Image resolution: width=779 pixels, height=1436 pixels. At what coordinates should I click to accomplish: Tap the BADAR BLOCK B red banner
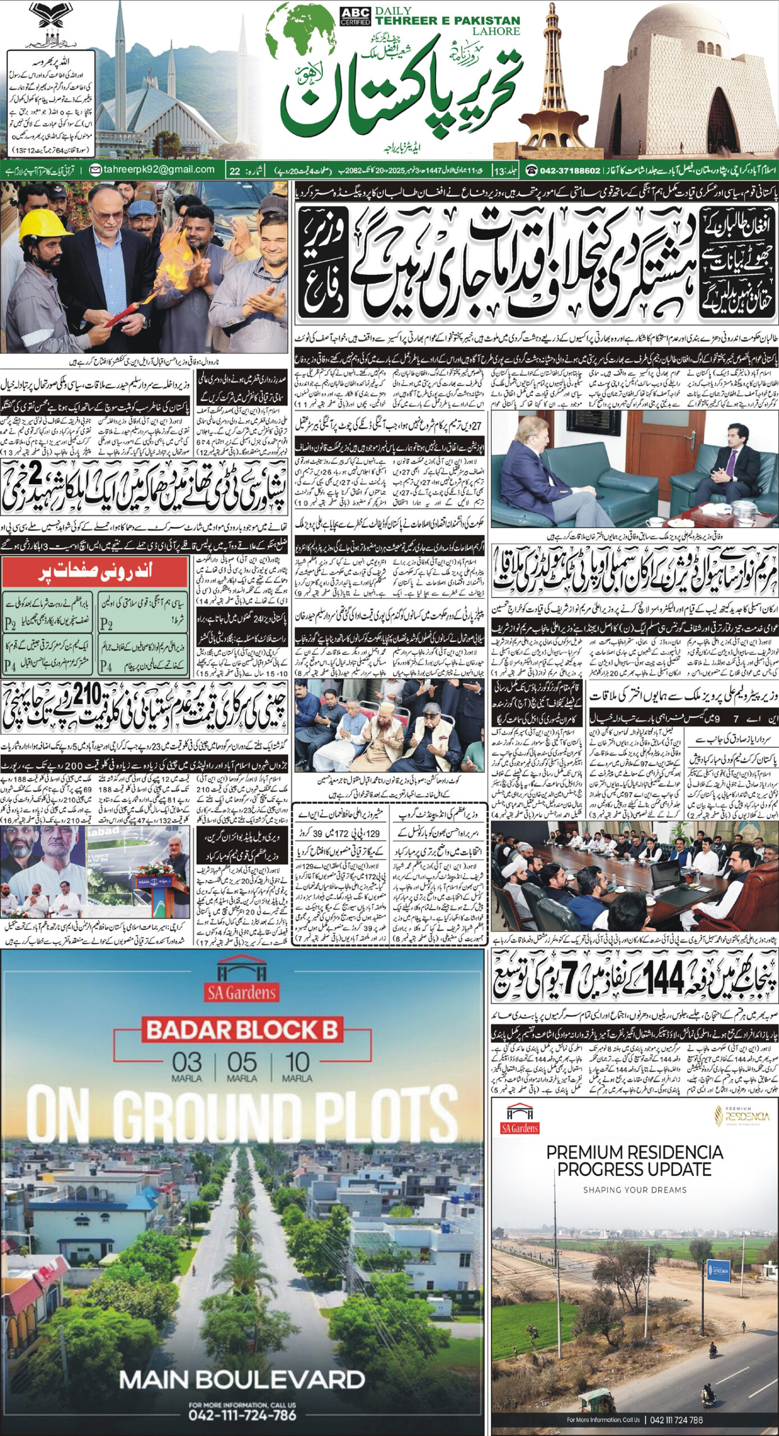pyautogui.click(x=242, y=1030)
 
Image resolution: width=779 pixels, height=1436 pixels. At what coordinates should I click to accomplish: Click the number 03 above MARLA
pyautogui.click(x=187, y=1062)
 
